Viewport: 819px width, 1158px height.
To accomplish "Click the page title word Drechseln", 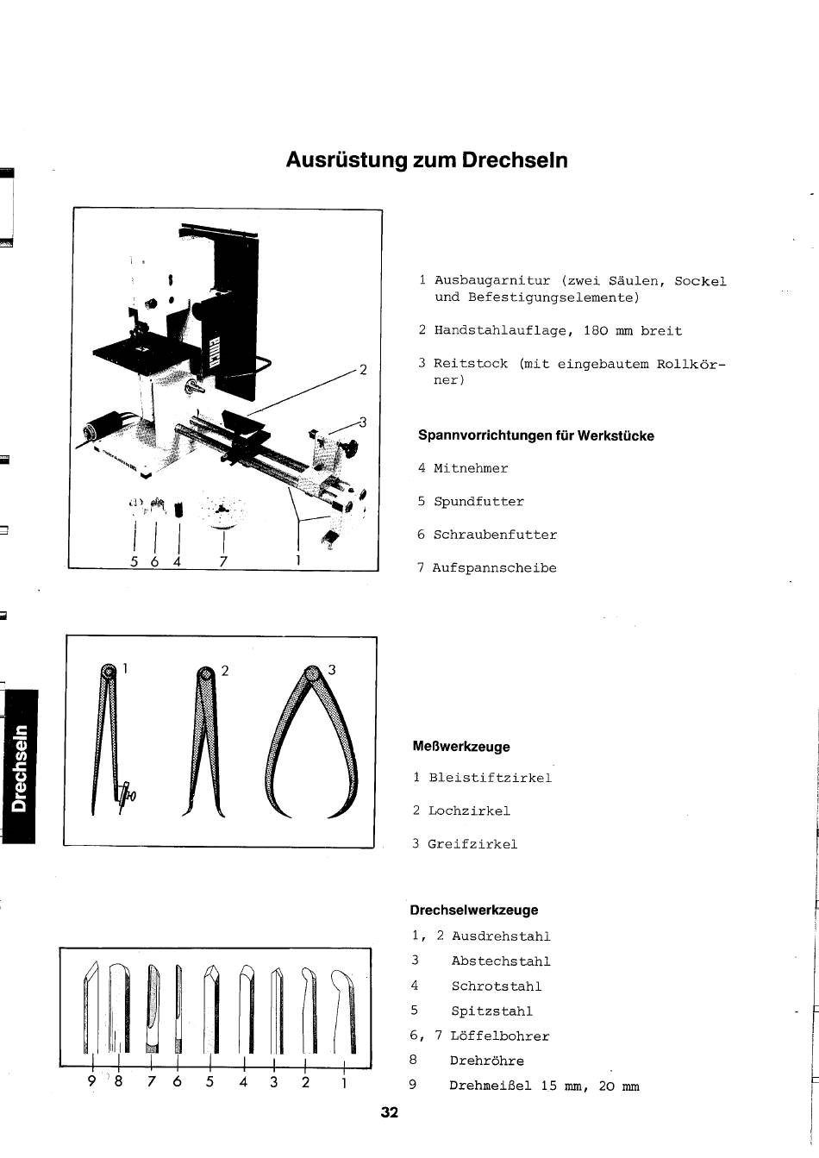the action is tap(515, 160).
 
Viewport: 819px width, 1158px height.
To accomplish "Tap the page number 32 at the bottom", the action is tap(389, 1112).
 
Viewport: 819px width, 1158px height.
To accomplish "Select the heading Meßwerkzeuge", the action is tap(461, 747).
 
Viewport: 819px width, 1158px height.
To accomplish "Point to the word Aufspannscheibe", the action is tap(495, 567).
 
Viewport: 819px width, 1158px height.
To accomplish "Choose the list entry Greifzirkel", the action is tap(472, 844).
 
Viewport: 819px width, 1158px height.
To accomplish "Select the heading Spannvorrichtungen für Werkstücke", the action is tap(536, 435).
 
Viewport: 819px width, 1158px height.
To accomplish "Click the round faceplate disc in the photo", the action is tap(222, 511).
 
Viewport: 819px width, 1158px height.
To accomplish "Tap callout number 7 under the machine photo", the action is tap(223, 561).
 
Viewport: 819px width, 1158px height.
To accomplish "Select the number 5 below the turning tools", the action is tap(209, 1081).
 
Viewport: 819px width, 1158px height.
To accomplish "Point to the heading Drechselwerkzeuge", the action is tap(474, 910).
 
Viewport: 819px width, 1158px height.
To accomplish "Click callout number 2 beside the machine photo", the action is tap(363, 370).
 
